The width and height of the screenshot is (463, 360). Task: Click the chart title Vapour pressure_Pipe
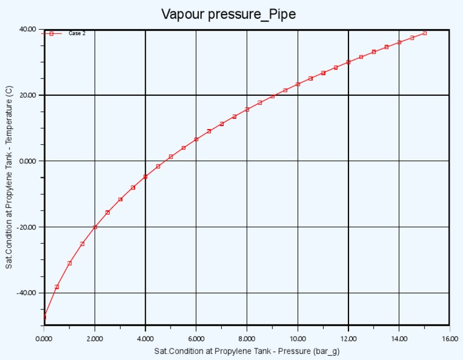click(x=228, y=14)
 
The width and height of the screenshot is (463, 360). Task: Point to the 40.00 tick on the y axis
click(x=28, y=29)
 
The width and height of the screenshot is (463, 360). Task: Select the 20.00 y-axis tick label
click(x=28, y=95)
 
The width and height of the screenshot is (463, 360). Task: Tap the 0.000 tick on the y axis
click(x=28, y=161)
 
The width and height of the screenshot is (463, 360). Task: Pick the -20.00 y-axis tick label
click(x=27, y=227)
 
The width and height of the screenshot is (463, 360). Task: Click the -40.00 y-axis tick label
click(x=27, y=292)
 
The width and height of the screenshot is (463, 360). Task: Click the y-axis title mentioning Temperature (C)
click(x=9, y=177)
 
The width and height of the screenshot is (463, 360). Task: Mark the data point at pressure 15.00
click(x=424, y=33)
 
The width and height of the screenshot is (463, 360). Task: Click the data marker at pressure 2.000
click(x=95, y=227)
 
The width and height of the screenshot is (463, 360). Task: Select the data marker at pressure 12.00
click(x=348, y=62)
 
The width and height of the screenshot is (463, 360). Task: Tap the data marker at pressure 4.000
click(x=145, y=177)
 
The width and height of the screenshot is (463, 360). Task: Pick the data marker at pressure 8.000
click(x=247, y=109)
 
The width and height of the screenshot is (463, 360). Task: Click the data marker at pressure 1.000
click(x=69, y=263)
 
